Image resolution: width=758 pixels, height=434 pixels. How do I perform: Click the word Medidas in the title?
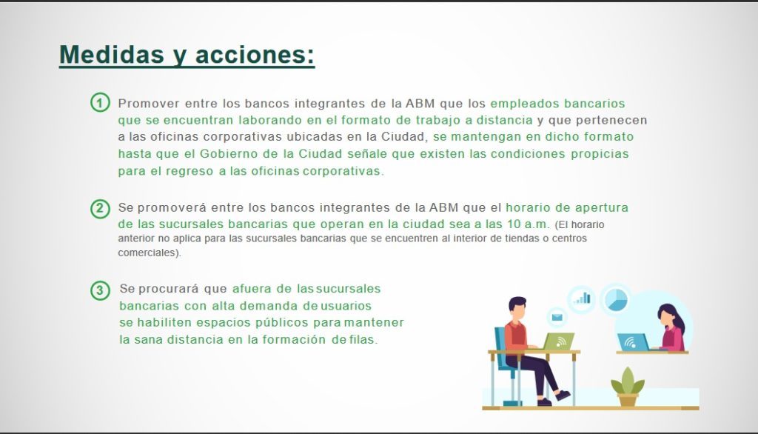(x=111, y=54)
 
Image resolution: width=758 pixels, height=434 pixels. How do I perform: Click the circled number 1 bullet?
(x=100, y=102)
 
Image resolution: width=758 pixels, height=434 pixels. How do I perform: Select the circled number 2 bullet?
(x=100, y=209)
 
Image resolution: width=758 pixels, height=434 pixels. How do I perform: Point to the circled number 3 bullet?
(x=100, y=290)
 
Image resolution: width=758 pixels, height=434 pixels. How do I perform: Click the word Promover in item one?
(x=149, y=104)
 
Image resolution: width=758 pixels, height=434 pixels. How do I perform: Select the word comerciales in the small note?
(x=147, y=253)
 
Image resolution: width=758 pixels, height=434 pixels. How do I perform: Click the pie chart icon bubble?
(x=616, y=299)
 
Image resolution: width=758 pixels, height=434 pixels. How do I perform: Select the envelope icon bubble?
(x=557, y=318)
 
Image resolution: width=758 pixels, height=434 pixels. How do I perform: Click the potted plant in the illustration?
(x=628, y=386)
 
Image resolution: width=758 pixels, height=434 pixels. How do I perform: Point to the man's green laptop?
(x=559, y=341)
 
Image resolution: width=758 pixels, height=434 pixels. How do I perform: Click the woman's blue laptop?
(x=633, y=343)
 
